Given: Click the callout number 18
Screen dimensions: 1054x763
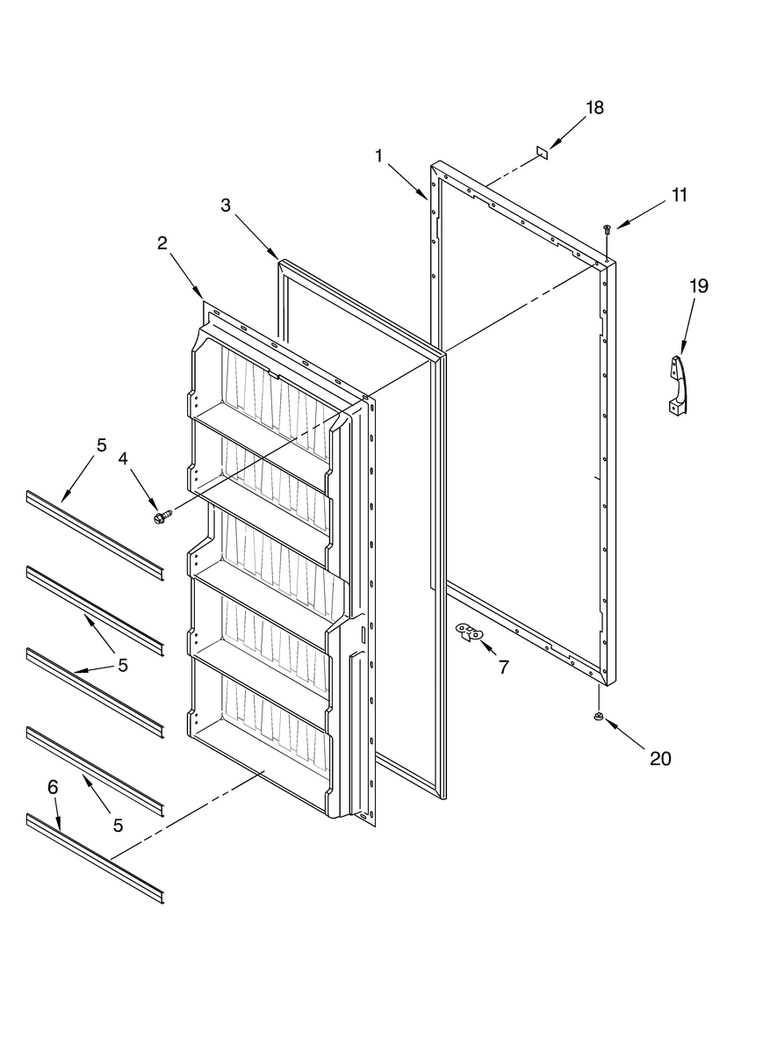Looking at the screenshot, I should [x=594, y=108].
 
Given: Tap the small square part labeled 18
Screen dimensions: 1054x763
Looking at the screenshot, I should [x=542, y=152].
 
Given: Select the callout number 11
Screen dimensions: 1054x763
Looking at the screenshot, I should [x=680, y=195].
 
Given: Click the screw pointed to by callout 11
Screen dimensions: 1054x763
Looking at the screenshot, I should [x=607, y=229].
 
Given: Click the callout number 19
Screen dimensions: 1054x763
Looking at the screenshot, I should [x=698, y=285].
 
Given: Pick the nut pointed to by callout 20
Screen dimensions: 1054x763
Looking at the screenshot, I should [x=598, y=718].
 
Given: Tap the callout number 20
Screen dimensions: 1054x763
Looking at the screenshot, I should [x=659, y=758].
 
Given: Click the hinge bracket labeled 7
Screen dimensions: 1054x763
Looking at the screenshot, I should [x=470, y=632].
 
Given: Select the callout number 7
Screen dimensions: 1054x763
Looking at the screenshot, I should [x=503, y=668].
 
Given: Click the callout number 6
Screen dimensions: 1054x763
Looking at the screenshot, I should [x=52, y=787].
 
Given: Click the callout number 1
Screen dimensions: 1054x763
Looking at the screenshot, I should [x=379, y=155].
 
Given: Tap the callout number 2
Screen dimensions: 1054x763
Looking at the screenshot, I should [x=162, y=243].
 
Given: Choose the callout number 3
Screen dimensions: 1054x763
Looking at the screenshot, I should [x=226, y=205].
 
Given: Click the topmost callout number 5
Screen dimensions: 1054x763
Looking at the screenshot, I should [x=101, y=445].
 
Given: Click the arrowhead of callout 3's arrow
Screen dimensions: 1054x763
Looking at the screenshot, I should [x=276, y=256].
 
